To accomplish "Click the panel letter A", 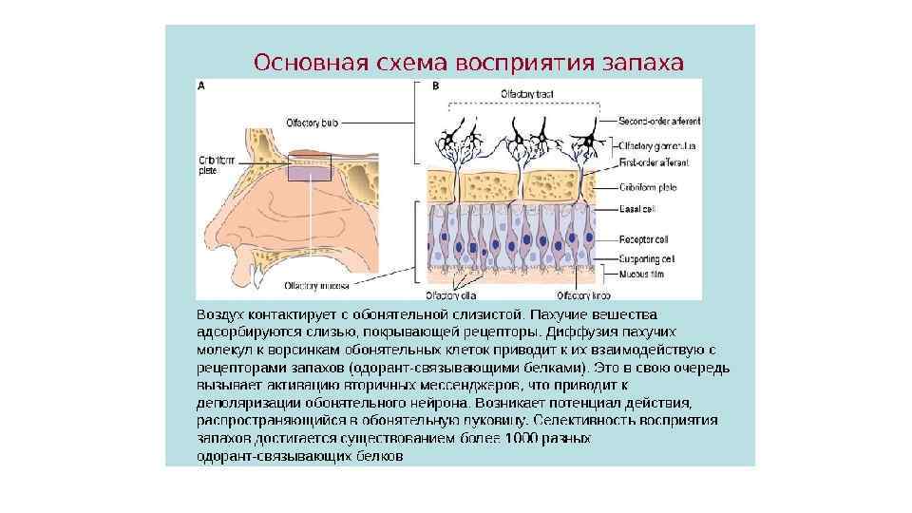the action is tap(200, 85).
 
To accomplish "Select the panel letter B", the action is tap(436, 85).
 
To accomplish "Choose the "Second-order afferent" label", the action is tap(659, 121).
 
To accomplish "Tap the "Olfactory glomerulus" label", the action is tap(656, 146).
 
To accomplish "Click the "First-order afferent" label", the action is tap(653, 162).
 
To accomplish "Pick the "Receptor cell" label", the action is tap(641, 239).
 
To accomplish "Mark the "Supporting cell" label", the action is tap(646, 257).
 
